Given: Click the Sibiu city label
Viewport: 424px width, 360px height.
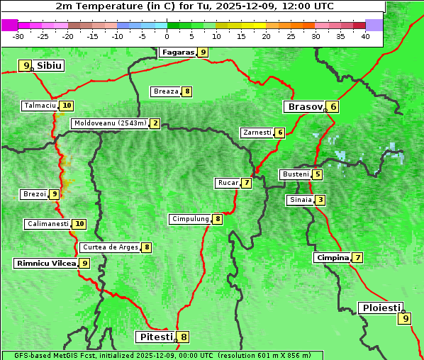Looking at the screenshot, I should point(49,66).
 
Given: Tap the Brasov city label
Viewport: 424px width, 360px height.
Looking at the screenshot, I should point(304,107).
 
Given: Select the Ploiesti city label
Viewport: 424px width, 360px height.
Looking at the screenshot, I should point(380,308).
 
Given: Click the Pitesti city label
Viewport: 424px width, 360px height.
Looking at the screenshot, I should point(155,337).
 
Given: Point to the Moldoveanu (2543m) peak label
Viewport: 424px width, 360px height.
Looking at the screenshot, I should point(110,123).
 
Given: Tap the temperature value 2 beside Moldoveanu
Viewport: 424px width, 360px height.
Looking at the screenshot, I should point(155,123).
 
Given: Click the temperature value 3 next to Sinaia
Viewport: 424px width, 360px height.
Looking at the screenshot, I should point(320,200).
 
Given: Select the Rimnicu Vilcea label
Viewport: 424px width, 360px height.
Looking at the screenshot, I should point(45,263).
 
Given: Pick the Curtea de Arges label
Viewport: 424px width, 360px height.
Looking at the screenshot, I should point(109,247).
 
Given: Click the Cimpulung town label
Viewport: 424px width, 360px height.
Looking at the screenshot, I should point(189,219).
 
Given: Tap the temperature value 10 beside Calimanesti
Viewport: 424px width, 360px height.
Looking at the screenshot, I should point(79,224).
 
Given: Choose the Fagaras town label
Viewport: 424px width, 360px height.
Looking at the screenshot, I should point(177,52).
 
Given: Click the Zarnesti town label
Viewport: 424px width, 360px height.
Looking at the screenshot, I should point(257,133).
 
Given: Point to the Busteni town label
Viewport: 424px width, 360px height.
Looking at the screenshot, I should point(295,174).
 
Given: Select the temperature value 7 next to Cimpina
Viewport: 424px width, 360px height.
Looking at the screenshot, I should point(358,258).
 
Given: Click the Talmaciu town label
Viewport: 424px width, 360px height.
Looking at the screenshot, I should point(40,106).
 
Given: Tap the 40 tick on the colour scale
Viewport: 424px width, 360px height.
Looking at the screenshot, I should point(365,36).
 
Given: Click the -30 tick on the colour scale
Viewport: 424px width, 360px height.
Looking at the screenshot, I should point(18,36).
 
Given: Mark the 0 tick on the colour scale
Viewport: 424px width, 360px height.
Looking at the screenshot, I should point(167,36).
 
